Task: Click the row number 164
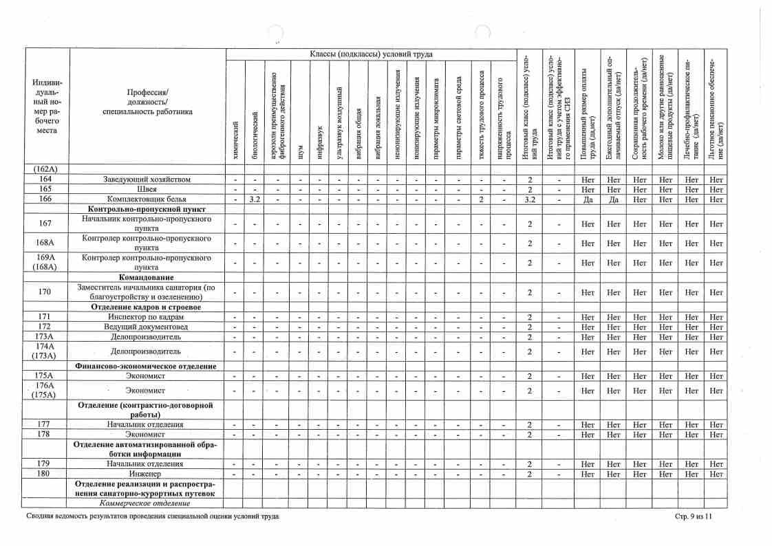pos(45,179)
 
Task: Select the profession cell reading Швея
pos(147,189)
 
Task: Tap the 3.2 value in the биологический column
pos(254,199)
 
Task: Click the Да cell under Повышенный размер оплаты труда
pos(588,199)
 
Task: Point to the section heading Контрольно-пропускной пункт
pos(147,208)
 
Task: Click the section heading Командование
pos(147,277)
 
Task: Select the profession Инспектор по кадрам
pos(147,317)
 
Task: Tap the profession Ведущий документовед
pos(147,327)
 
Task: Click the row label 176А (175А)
pos(45,391)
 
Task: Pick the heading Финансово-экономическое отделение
pos(147,366)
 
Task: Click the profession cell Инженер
pos(147,474)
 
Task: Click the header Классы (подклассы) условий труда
pos(371,54)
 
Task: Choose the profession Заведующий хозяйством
pos(147,179)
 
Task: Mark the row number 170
pos(45,292)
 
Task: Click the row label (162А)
pos(45,169)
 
